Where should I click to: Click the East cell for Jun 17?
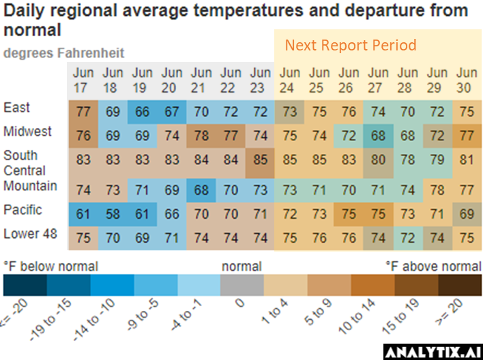pyautogui.click(x=84, y=110)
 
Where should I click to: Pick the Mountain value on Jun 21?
pyautogui.click(x=201, y=189)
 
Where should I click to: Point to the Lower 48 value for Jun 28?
pyautogui.click(x=407, y=239)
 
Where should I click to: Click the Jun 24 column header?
pyautogui.click(x=290, y=79)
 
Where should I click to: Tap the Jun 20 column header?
pyautogui.click(x=172, y=79)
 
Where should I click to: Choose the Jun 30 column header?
pyautogui.click(x=467, y=79)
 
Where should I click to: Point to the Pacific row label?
pyautogui.click(x=22, y=210)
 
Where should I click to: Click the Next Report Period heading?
pyautogui.click(x=350, y=46)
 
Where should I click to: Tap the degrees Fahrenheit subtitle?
pyautogui.click(x=64, y=53)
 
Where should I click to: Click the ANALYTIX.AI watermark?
pyautogui.click(x=433, y=352)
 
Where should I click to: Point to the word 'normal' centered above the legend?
pyautogui.click(x=241, y=266)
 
